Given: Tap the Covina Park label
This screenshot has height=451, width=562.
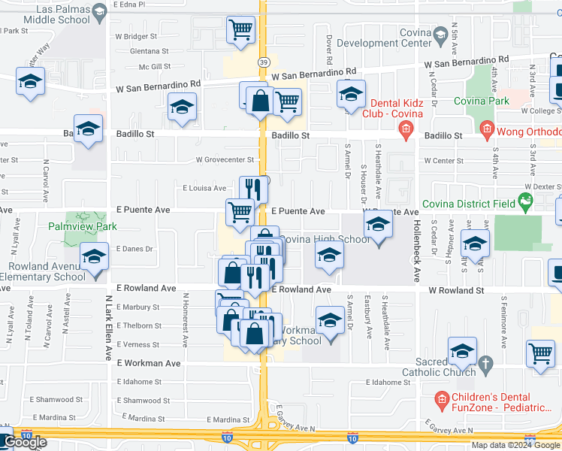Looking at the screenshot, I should (x=482, y=101).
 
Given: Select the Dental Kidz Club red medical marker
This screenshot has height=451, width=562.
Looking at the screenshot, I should (x=406, y=131).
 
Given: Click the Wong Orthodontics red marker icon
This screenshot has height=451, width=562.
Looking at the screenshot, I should (x=487, y=131).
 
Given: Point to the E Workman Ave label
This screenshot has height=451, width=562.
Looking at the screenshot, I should (x=149, y=363).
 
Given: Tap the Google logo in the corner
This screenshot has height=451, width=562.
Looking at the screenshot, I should (x=24, y=443).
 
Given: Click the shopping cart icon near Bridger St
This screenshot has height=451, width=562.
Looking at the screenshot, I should (x=240, y=31).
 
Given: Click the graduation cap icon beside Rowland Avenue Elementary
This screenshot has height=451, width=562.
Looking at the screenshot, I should (x=94, y=257).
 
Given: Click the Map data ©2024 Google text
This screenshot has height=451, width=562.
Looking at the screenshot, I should (x=515, y=445).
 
